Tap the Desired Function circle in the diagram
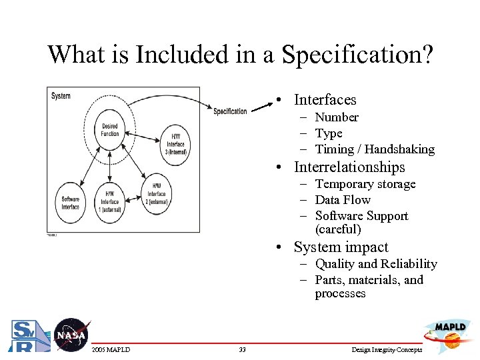click(110, 130)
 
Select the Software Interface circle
click(71, 203)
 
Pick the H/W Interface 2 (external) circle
click(157, 194)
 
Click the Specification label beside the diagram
click(230, 111)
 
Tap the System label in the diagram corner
click(61, 96)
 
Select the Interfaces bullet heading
click(325, 100)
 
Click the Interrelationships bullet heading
click(349, 167)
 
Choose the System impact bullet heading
click(341, 247)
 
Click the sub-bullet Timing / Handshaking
click(374, 149)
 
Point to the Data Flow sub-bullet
click(343, 200)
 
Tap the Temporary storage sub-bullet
click(365, 184)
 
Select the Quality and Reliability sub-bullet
click(375, 264)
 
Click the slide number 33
click(242, 350)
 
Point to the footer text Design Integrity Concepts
click(386, 350)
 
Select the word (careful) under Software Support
click(338, 229)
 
